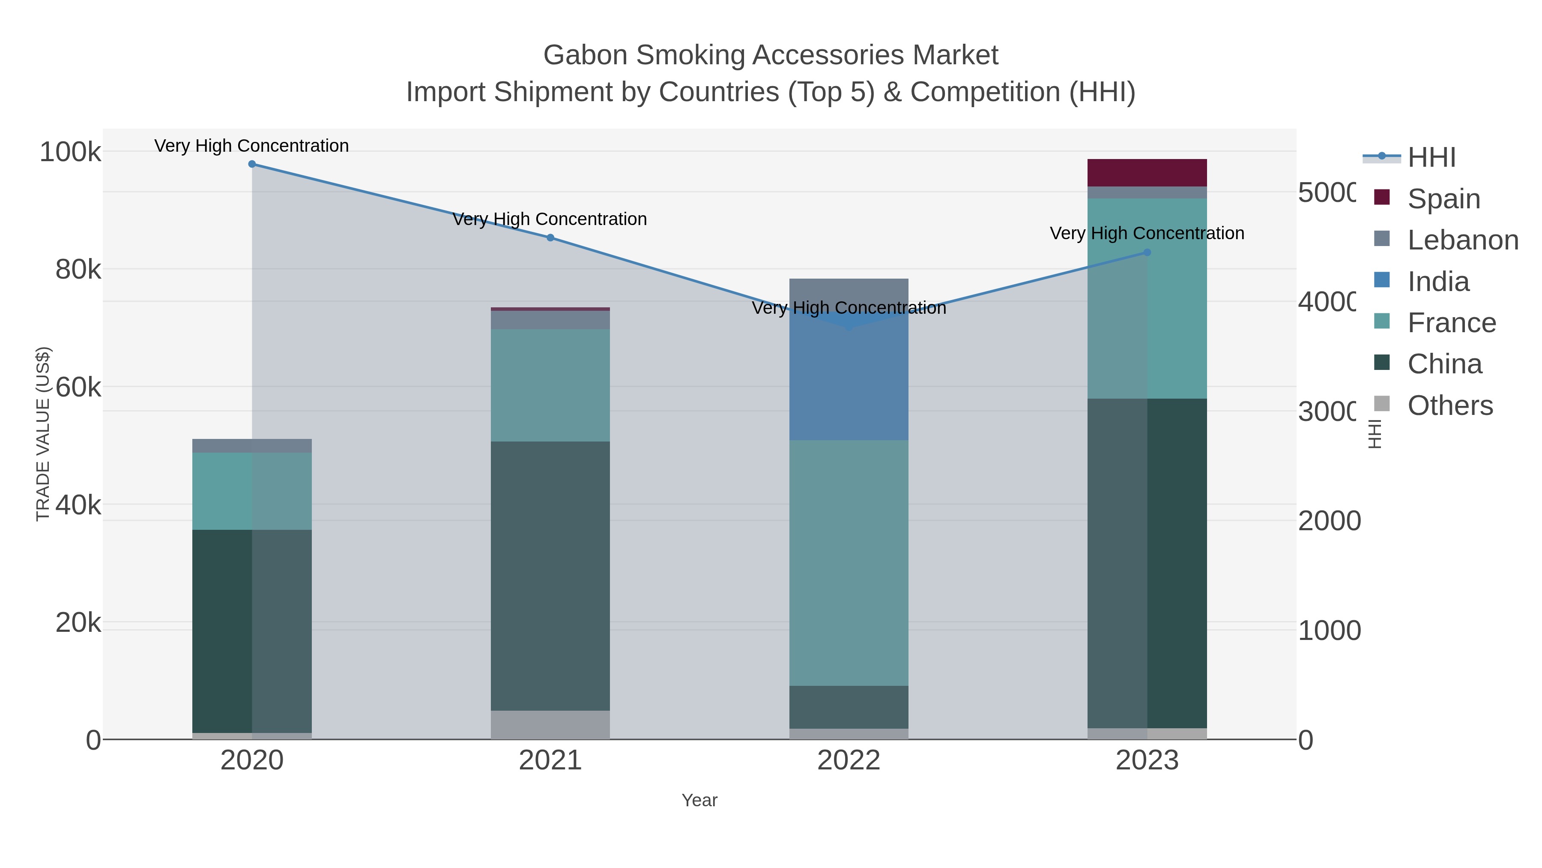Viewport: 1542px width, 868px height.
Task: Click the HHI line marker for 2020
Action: tap(252, 164)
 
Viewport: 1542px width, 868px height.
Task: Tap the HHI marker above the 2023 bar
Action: tap(1147, 253)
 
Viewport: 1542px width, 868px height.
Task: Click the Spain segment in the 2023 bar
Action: tap(1147, 173)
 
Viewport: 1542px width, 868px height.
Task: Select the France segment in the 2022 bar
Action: tap(849, 563)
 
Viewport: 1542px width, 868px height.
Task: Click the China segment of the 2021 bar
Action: tap(550, 575)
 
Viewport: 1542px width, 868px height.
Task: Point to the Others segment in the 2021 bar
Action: tap(550, 725)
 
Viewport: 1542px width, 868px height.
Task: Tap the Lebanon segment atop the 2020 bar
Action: tap(252, 446)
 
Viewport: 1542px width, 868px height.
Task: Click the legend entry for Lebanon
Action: tap(1462, 240)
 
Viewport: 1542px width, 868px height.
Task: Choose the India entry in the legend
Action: tap(1438, 282)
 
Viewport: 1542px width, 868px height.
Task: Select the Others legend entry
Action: tap(1450, 405)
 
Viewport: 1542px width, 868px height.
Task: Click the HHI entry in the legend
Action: tap(1431, 158)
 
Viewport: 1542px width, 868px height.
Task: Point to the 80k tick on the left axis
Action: tap(78, 270)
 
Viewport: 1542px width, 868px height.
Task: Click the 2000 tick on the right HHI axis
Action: tap(1329, 520)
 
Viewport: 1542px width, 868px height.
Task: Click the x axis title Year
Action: tap(699, 800)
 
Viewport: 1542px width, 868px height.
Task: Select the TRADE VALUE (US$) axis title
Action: tap(43, 434)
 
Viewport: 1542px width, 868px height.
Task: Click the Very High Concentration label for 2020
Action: tap(251, 146)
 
